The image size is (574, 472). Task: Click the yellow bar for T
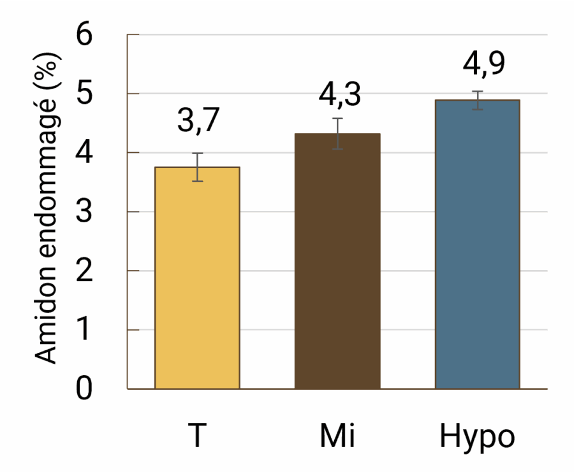point(197,278)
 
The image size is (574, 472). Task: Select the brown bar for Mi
point(337,261)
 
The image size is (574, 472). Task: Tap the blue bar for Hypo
point(478,244)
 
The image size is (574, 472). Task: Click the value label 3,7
point(198,120)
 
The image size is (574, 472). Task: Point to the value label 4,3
point(339,95)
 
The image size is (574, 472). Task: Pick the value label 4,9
point(483,64)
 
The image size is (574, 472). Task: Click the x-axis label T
point(197,435)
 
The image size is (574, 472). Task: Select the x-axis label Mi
point(337,435)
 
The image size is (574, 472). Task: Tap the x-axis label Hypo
point(477,438)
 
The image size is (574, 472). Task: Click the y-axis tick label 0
point(84,389)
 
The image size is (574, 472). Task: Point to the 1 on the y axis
point(84,329)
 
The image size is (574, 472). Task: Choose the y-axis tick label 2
point(84,270)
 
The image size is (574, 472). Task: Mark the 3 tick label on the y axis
point(84,211)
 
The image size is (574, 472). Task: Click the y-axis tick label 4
point(84,152)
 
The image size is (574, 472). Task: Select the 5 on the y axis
point(84,93)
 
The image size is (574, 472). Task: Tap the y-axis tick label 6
point(84,34)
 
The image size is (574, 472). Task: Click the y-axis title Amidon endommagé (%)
point(47,208)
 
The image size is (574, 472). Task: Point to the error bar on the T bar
point(198,167)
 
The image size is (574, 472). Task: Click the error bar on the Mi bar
point(337,134)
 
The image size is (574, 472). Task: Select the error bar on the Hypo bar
point(478,100)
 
